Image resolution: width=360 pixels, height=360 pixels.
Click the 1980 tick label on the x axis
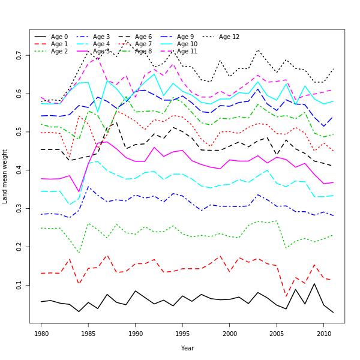pyautogui.click(x=41, y=332)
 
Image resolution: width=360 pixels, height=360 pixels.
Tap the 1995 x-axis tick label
pyautogui.click(x=182, y=332)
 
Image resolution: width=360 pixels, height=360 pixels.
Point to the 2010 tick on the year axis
pyautogui.click(x=323, y=332)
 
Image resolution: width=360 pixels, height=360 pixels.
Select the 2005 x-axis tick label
pyautogui.click(x=277, y=332)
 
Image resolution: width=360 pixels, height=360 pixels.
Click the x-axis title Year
pyautogui.click(x=187, y=348)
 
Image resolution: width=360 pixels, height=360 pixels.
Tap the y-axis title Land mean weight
pyautogui.click(x=5, y=176)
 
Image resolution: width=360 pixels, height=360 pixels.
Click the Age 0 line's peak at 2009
pyautogui.click(x=314, y=284)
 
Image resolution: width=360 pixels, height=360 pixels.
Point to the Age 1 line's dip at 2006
pyautogui.click(x=286, y=296)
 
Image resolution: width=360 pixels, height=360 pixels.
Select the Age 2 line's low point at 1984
pyautogui.click(x=79, y=253)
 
